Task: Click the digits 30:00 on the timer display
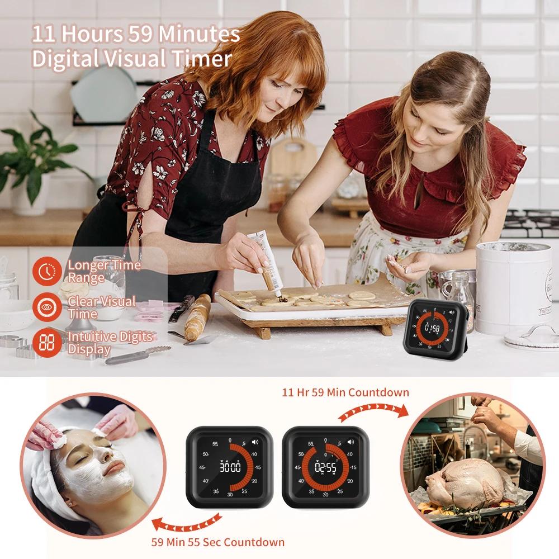[230, 467]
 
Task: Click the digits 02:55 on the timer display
[325, 467]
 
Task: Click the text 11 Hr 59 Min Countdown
[345, 392]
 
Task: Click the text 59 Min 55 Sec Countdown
[218, 542]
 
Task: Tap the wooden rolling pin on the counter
[197, 317]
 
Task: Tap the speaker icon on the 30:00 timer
[255, 442]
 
